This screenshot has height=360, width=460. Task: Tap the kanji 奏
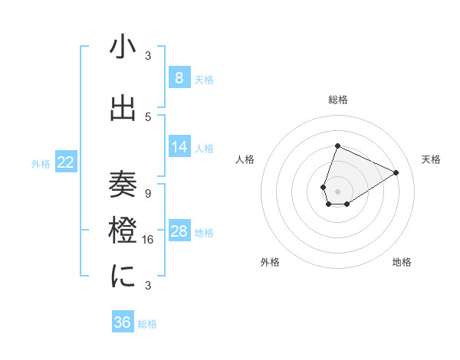point(123,186)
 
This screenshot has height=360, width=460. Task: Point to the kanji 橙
point(123,227)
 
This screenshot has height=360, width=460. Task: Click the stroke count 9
point(148,193)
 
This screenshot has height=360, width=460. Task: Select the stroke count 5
point(148,117)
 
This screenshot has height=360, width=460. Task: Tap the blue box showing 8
point(179,77)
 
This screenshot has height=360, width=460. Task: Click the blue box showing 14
point(179,147)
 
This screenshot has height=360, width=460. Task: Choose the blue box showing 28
point(179,231)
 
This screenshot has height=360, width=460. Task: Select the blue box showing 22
point(66,162)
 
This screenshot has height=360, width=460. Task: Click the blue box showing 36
point(122,322)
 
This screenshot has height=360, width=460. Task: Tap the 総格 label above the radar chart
point(337,100)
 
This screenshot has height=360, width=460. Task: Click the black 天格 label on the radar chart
point(431,159)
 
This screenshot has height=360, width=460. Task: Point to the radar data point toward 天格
point(396,172)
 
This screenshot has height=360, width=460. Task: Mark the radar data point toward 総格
point(337,146)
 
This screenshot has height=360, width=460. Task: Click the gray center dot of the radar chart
point(337,191)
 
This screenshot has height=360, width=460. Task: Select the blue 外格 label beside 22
point(41,163)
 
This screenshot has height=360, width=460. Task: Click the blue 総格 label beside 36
point(147,324)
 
